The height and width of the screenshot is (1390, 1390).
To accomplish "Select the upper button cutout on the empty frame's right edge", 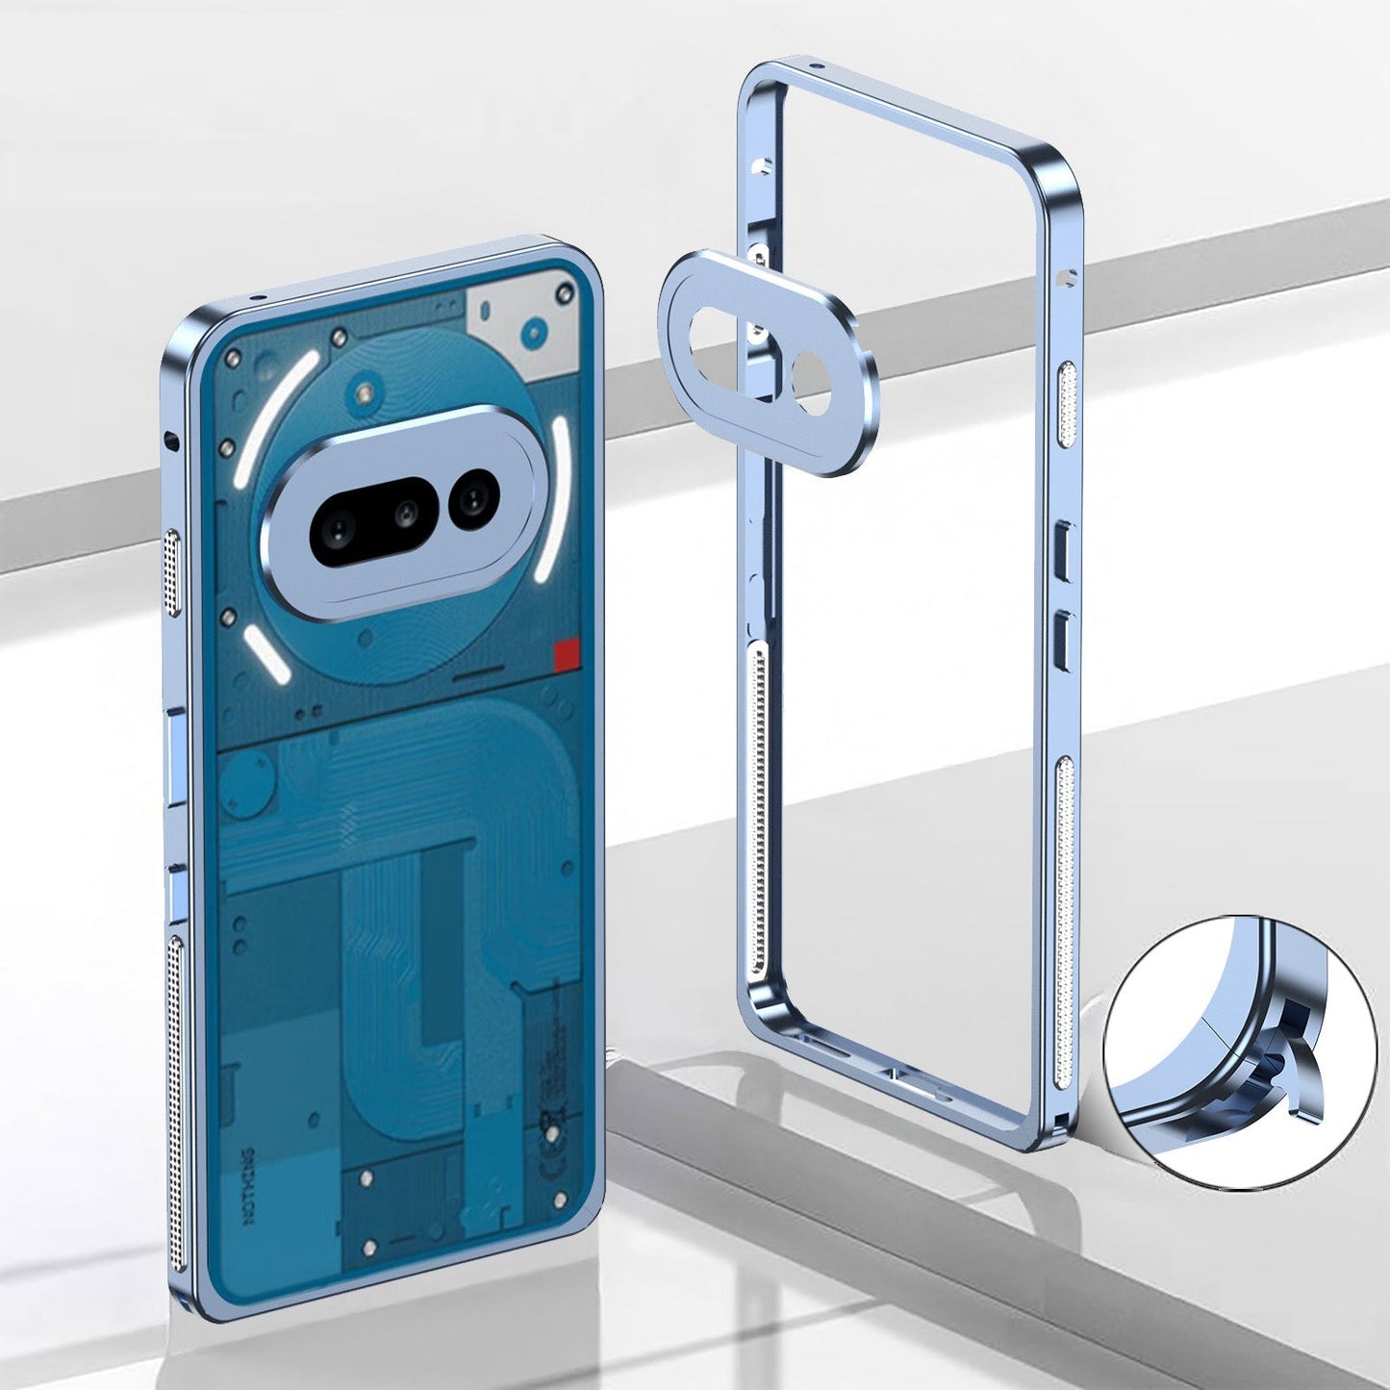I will pos(1064,550).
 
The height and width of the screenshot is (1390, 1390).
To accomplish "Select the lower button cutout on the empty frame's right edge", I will pos(1064,636).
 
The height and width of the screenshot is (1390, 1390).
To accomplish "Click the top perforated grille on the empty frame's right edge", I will pos(1066,404).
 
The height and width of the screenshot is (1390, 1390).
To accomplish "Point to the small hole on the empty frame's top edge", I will pos(816,69).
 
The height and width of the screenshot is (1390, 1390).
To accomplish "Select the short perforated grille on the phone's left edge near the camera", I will pos(174,571).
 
